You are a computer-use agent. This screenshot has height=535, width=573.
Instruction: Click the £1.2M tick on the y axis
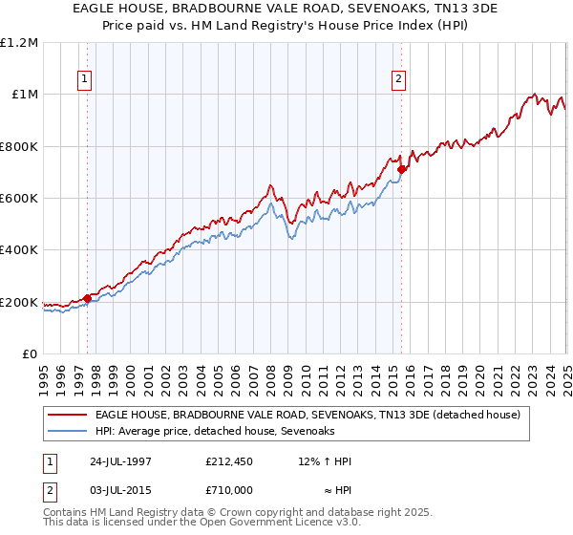point(18,43)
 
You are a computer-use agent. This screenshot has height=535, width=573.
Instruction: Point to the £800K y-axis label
point(18,147)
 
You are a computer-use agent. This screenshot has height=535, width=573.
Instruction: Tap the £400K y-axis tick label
point(18,250)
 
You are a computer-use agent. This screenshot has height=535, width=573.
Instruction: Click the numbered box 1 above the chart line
point(85,79)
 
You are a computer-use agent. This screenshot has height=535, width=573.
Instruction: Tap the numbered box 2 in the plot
point(398,79)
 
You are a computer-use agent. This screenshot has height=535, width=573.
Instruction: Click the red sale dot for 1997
point(87,299)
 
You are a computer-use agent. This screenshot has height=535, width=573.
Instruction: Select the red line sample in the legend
point(68,416)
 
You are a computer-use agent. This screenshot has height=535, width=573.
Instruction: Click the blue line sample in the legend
point(68,432)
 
